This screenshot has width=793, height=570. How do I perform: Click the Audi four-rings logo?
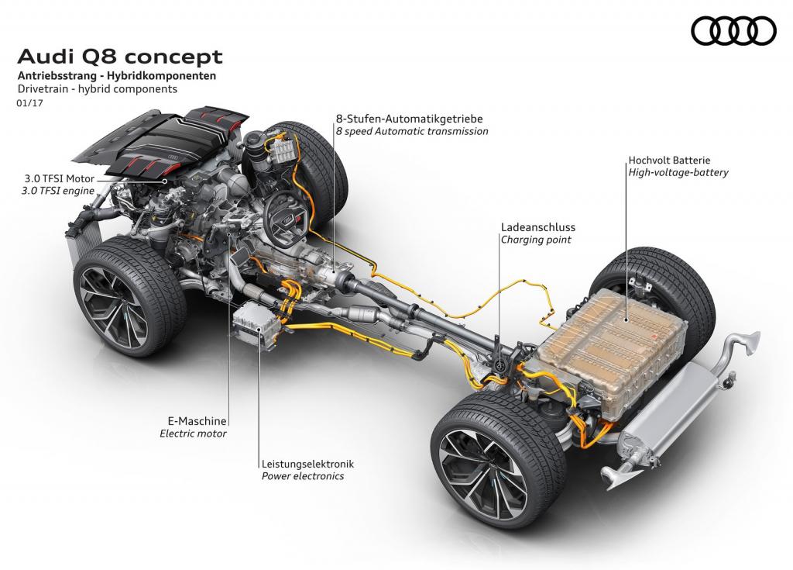coord(733,30)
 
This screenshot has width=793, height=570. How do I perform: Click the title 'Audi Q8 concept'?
coord(120,57)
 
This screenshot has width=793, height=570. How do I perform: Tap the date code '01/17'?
coord(29,103)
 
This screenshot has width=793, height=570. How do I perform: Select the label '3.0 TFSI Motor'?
coord(60,178)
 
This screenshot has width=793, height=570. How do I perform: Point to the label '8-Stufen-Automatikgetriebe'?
coord(409,119)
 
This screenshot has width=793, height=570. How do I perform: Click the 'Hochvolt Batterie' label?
coord(669,160)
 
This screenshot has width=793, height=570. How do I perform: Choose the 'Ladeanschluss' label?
coord(538,227)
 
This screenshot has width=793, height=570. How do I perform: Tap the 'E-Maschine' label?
coord(197,421)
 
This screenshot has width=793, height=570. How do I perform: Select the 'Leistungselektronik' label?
coord(307,464)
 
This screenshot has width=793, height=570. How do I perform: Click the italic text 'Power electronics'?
coord(303,476)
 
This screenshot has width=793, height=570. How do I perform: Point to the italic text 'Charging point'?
coord(536,240)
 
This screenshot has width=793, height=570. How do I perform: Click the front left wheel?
coord(129,295)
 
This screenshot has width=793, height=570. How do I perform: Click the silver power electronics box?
coord(255,325)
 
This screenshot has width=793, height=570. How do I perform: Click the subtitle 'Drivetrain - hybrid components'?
coord(97,89)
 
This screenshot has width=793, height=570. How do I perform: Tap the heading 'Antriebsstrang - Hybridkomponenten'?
coord(117,76)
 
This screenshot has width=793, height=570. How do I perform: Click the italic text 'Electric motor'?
coord(193,434)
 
